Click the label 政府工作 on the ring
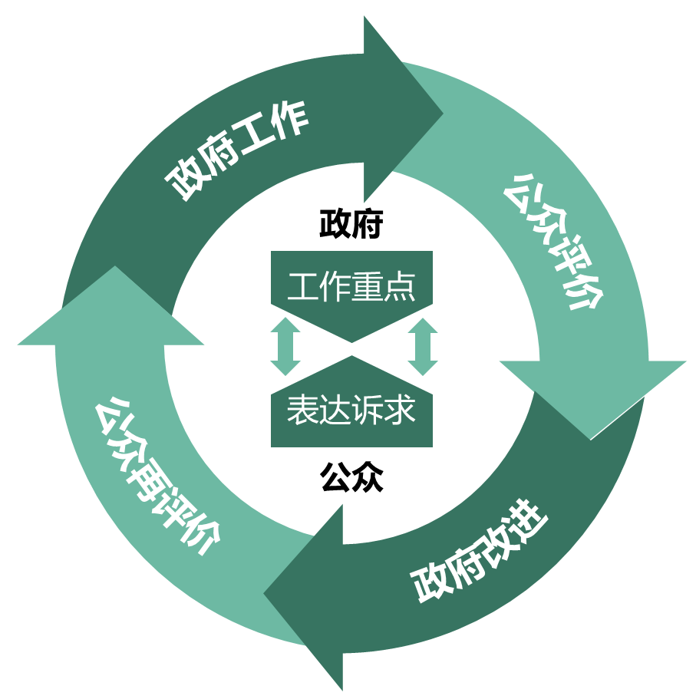[238, 150]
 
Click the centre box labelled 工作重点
[351, 288]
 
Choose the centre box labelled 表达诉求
[351, 410]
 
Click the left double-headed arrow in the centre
[285, 348]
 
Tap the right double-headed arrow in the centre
[422, 348]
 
